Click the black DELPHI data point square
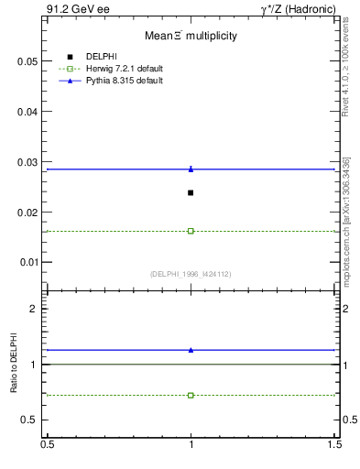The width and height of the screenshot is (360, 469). tap(191, 192)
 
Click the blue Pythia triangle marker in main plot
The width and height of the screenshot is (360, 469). tap(191, 169)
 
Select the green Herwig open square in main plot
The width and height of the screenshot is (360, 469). tap(191, 231)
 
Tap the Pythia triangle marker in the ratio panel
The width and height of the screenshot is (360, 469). tap(191, 350)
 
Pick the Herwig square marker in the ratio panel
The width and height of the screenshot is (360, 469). tap(191, 395)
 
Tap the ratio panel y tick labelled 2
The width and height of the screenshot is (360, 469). tap(34, 309)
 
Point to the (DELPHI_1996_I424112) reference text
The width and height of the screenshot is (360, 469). tap(190, 274)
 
